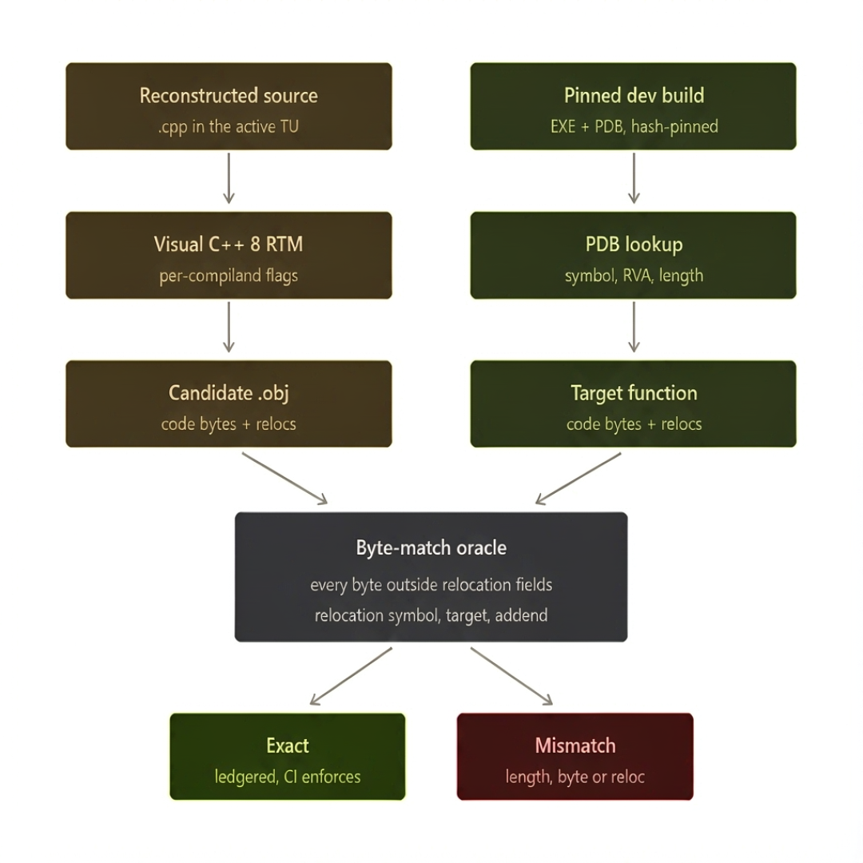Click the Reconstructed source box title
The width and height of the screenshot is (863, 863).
[229, 96]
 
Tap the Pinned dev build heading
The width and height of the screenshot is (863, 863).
[634, 96]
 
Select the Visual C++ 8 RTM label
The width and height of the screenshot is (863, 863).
[229, 245]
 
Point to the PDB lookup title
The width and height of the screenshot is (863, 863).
[634, 245]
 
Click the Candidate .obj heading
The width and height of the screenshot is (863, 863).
[229, 393]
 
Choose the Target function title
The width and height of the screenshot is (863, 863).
[634, 393]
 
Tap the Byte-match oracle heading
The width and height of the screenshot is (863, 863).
[431, 548]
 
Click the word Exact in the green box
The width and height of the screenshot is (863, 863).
[288, 746]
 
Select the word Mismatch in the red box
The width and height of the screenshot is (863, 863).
[575, 746]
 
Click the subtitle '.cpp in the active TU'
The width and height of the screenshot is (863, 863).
[229, 127]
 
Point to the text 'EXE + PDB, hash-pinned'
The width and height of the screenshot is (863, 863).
[634, 126]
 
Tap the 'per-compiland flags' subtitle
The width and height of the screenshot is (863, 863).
[229, 276]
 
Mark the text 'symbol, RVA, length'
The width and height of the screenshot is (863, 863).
[634, 276]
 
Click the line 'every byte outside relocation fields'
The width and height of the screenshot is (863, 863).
[431, 585]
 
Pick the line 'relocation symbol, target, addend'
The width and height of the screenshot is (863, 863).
[431, 615]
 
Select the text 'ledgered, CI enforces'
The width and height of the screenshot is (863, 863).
[288, 777]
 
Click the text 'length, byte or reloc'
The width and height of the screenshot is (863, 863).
[575, 777]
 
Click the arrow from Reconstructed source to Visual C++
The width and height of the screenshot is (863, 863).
[229, 178]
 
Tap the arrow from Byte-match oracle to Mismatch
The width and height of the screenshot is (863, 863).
[511, 676]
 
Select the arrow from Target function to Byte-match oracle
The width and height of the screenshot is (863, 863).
[578, 479]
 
